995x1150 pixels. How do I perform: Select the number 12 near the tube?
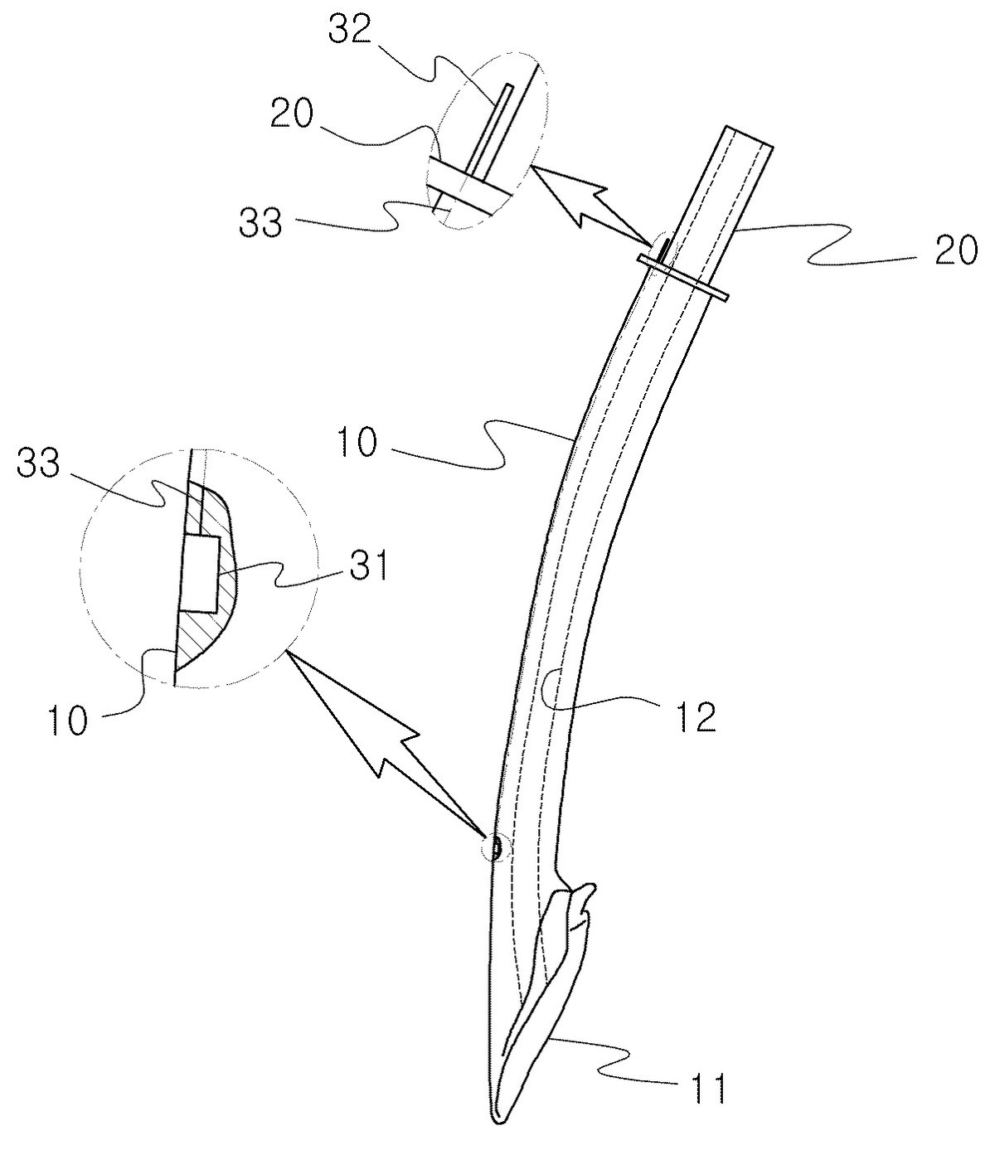point(696,718)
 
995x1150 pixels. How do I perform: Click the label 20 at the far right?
point(956,250)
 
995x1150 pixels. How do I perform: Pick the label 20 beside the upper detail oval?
point(292,115)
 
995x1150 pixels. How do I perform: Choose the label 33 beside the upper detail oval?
point(260,223)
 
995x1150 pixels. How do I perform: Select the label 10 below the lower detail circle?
point(68,721)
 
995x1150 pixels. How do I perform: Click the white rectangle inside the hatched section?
point(200,574)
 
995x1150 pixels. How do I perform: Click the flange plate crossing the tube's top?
point(684,279)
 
